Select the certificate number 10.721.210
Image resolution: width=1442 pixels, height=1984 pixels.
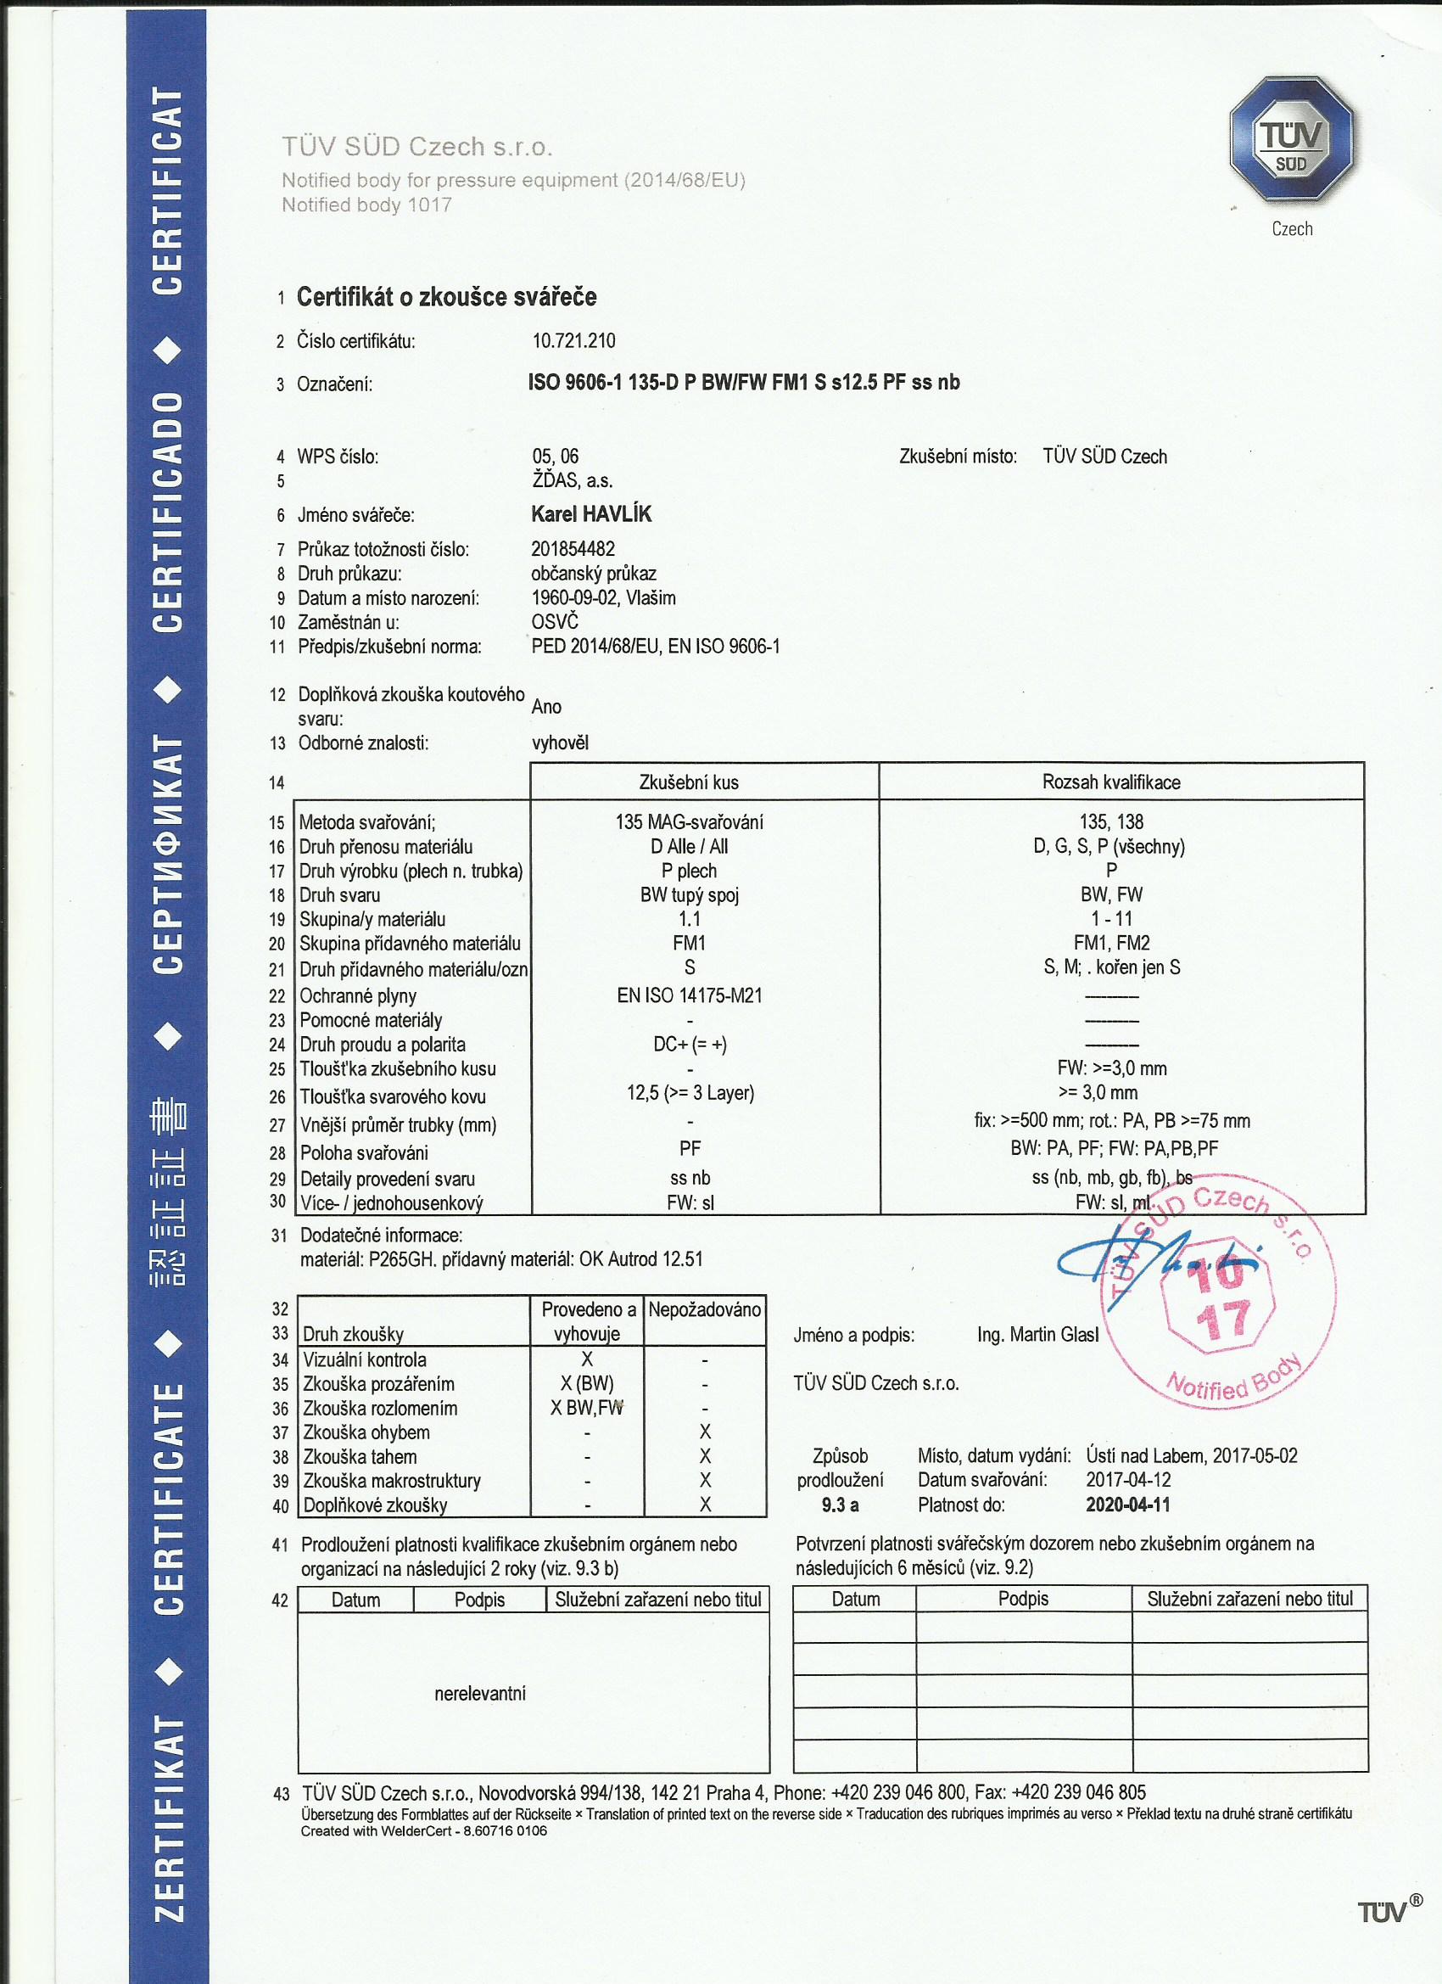coord(573,341)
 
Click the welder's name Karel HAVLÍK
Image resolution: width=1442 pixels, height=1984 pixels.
coord(591,514)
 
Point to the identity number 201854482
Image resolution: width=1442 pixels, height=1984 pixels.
coord(573,549)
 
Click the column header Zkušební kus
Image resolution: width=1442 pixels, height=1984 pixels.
coord(689,782)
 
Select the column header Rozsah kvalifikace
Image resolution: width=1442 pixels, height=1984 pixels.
coord(1110,782)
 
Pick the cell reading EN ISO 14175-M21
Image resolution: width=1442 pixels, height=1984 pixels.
coord(689,995)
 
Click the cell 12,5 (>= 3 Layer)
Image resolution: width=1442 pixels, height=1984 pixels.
coord(690,1093)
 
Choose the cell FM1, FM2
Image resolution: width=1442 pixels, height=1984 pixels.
coord(1111,943)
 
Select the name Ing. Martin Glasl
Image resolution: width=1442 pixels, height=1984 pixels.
coord(1037,1335)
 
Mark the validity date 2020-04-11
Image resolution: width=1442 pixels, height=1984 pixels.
coord(1127,1505)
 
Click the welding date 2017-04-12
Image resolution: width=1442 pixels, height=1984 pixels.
coord(1128,1480)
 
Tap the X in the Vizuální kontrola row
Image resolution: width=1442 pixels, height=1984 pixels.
coord(587,1359)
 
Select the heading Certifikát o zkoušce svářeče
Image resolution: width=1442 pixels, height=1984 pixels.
coord(446,297)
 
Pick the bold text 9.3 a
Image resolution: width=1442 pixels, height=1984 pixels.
coord(841,1505)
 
